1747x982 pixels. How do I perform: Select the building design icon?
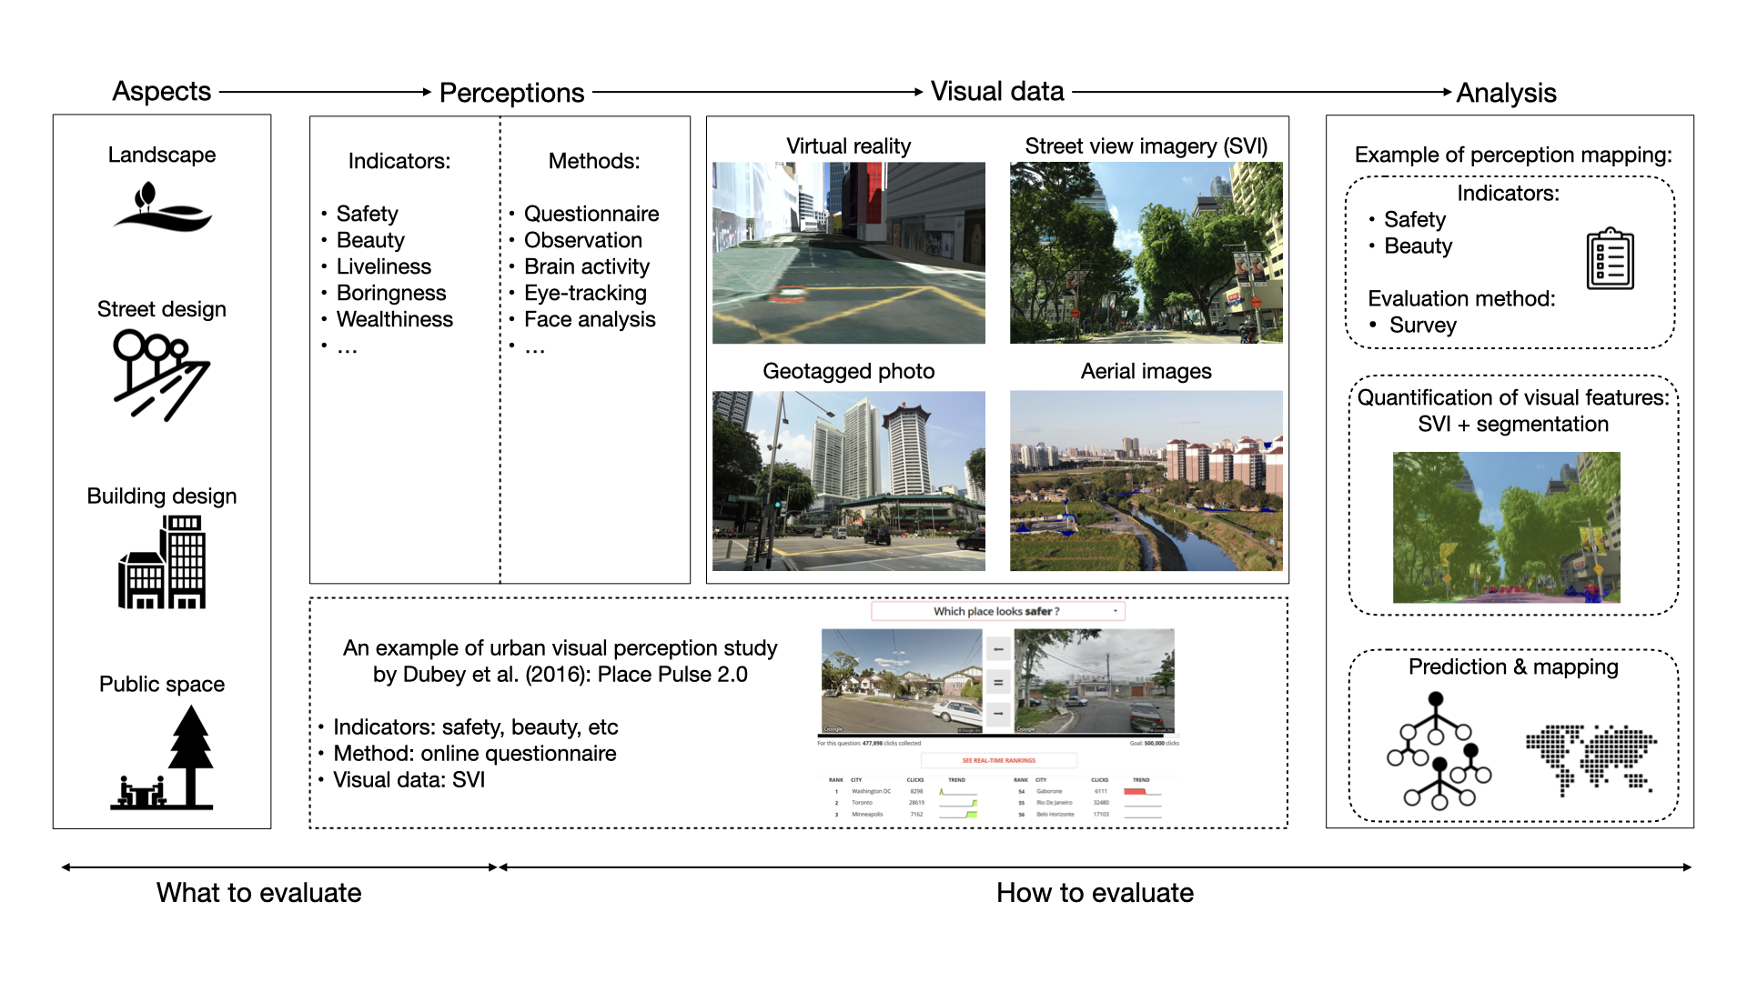(162, 562)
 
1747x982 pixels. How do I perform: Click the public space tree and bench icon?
(164, 760)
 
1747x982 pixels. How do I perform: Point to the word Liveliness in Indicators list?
(383, 266)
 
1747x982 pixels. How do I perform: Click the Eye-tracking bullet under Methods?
(585, 293)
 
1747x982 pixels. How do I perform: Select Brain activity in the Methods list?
(587, 266)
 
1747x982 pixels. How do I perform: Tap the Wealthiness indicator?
(394, 319)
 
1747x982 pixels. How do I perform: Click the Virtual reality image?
(848, 253)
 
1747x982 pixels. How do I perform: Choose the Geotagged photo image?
(848, 481)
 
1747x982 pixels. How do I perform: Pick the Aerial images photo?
(1146, 481)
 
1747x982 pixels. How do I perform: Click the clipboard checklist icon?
(1610, 259)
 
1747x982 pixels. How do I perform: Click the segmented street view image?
(1506, 527)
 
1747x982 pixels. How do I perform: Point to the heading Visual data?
(997, 92)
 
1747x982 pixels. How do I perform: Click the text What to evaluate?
(258, 893)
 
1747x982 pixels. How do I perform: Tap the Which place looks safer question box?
(997, 611)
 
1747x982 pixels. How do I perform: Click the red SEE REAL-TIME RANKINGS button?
(998, 760)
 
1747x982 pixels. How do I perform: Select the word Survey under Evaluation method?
(1422, 326)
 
